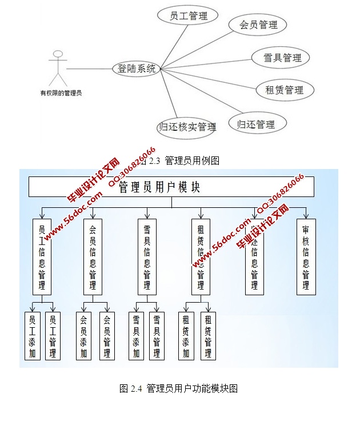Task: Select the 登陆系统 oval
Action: (x=137, y=69)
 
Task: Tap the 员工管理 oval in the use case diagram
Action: (x=189, y=16)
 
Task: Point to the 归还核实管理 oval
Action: (x=187, y=127)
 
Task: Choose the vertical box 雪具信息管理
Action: (x=147, y=256)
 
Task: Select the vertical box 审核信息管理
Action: (x=306, y=256)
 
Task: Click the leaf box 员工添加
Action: (x=33, y=336)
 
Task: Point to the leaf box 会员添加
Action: (x=84, y=336)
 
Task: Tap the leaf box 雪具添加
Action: (x=137, y=336)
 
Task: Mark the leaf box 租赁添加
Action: (x=186, y=336)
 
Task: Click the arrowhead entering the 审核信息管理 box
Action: (x=306, y=216)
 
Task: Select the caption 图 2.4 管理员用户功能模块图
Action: (x=178, y=389)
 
